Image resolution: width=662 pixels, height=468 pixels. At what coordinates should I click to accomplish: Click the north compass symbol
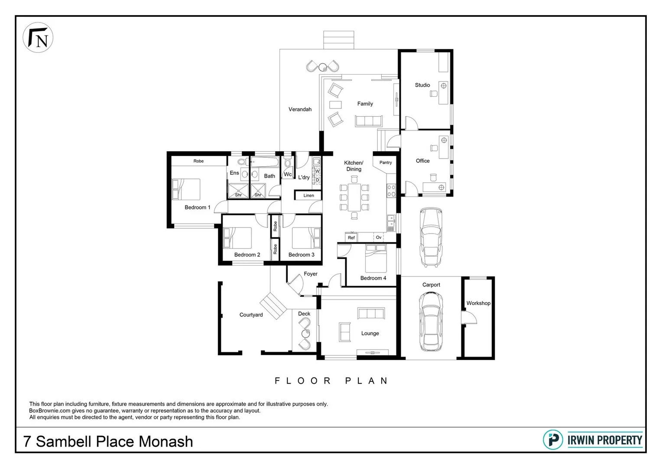(x=38, y=38)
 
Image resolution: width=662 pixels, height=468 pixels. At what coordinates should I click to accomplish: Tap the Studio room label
(x=422, y=85)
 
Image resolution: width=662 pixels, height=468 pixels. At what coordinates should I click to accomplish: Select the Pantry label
(x=385, y=162)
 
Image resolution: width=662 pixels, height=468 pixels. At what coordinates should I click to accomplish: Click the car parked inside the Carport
(x=431, y=322)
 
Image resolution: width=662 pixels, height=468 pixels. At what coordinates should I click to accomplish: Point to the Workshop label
(x=478, y=303)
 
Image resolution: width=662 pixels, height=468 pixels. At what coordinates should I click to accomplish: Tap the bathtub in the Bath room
(x=263, y=163)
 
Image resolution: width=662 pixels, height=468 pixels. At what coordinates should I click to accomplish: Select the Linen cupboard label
(x=308, y=195)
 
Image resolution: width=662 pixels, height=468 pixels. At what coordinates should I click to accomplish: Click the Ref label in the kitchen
(x=351, y=237)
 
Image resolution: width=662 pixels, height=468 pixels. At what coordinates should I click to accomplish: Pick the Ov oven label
(x=379, y=237)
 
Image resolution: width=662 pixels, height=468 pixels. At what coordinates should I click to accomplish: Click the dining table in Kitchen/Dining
(x=354, y=197)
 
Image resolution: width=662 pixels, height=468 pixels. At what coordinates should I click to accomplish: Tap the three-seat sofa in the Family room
(x=369, y=121)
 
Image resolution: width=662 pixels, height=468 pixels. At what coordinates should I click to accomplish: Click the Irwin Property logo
(x=593, y=440)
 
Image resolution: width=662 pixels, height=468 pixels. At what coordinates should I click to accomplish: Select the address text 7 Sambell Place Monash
(x=108, y=442)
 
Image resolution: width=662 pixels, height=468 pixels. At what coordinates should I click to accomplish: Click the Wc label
(x=288, y=174)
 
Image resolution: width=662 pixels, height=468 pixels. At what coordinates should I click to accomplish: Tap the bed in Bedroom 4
(x=376, y=258)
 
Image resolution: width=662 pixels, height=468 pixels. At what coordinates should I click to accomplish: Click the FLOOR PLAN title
(x=331, y=381)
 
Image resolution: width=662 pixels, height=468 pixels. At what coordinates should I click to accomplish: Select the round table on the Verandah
(x=322, y=67)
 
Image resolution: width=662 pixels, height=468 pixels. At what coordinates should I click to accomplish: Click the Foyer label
(x=310, y=274)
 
